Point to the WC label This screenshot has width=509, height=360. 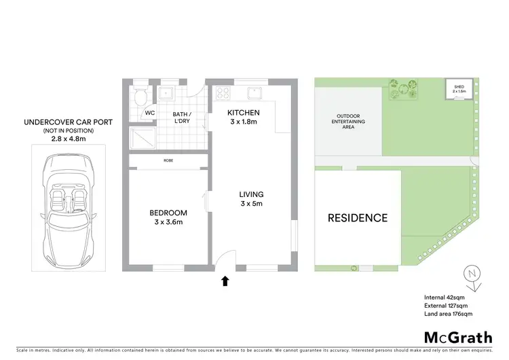150,113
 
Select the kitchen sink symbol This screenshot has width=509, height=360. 256,92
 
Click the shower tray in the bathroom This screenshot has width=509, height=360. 142,138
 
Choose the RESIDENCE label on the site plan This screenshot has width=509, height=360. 358,218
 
